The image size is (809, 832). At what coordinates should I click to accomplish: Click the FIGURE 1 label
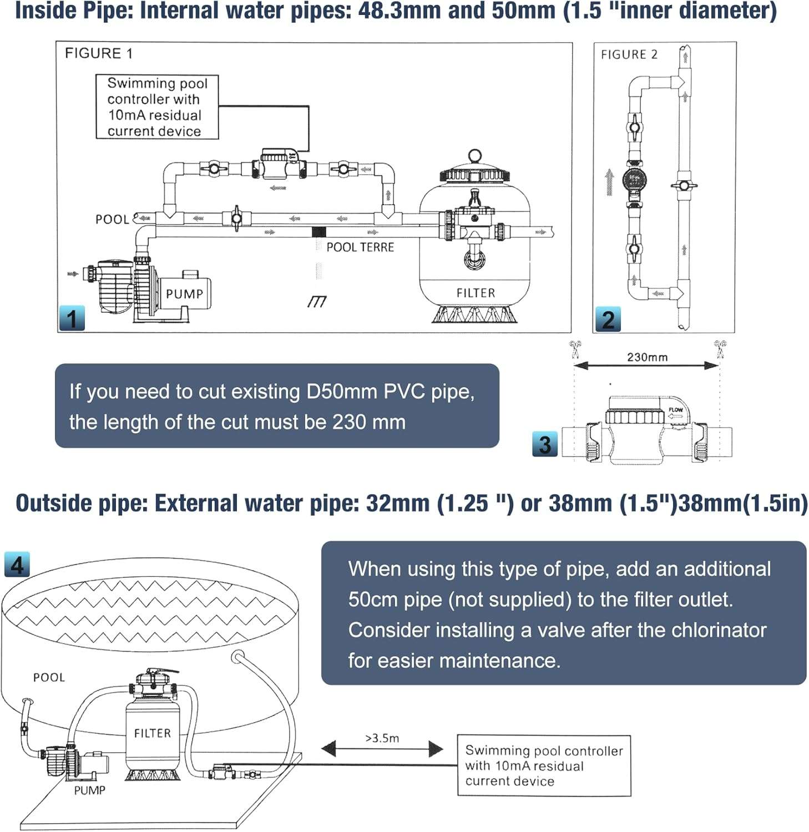pyautogui.click(x=99, y=53)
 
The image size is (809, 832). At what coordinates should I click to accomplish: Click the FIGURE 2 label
pyautogui.click(x=629, y=54)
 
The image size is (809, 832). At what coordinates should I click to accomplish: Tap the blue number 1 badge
pyautogui.click(x=72, y=318)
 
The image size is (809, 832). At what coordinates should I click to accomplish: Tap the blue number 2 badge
pyautogui.click(x=608, y=319)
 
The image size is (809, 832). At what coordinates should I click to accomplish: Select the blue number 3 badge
pyautogui.click(x=545, y=444)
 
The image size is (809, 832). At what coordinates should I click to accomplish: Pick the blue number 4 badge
pyautogui.click(x=17, y=565)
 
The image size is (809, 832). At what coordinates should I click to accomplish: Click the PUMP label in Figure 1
pyautogui.click(x=184, y=294)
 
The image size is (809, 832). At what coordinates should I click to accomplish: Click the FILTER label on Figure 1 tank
pyautogui.click(x=476, y=293)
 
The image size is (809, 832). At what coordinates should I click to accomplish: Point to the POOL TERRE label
pyautogui.click(x=360, y=247)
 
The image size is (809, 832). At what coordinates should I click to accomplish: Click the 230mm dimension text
pyautogui.click(x=647, y=357)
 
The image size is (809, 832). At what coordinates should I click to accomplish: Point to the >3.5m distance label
pyautogui.click(x=382, y=738)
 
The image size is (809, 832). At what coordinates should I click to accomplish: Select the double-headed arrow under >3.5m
pyautogui.click(x=382, y=750)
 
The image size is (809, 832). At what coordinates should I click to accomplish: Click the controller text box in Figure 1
pyautogui.click(x=157, y=107)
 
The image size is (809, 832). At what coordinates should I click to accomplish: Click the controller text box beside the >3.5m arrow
pyautogui.click(x=544, y=765)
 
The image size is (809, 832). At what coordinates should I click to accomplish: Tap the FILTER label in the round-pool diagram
pyautogui.click(x=152, y=733)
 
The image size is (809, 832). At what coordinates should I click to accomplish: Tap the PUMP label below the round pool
pyautogui.click(x=89, y=790)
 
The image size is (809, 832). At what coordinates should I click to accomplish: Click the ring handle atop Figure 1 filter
pyautogui.click(x=474, y=155)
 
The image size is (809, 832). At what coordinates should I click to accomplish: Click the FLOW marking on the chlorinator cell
pyautogui.click(x=675, y=410)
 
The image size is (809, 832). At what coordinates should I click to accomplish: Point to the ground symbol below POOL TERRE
pyautogui.click(x=317, y=301)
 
